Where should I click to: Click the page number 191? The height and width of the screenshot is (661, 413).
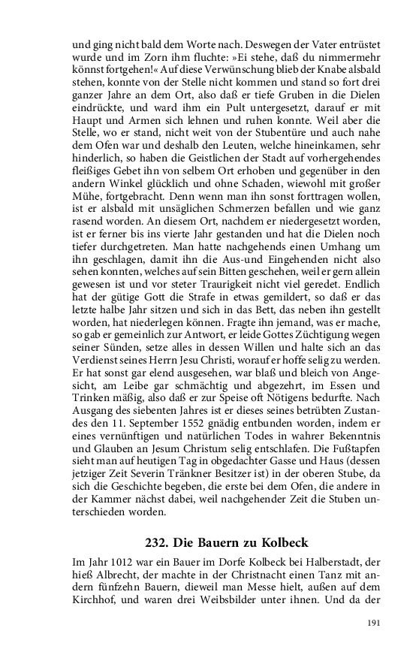click(373, 623)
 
